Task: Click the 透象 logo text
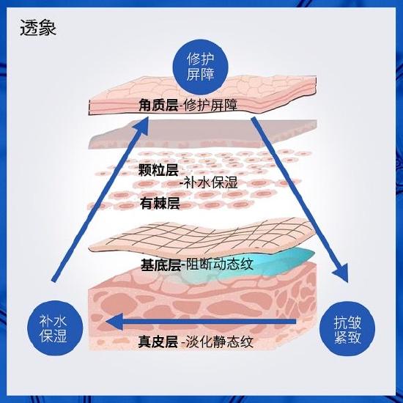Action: tap(38, 28)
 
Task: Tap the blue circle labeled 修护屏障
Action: tap(200, 67)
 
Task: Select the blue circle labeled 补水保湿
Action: tap(55, 328)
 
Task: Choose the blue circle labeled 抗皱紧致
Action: tap(347, 329)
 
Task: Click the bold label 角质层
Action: tap(158, 106)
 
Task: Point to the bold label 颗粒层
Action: tap(158, 170)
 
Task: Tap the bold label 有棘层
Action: tap(160, 203)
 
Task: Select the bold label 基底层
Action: tap(160, 265)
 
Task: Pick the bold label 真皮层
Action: tap(158, 342)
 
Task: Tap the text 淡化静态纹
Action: tap(219, 342)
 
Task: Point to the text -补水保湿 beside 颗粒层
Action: tap(209, 182)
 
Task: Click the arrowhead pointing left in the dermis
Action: tap(114, 321)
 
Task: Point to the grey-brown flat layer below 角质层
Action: tap(203, 133)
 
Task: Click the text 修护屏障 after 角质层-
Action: tap(210, 106)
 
